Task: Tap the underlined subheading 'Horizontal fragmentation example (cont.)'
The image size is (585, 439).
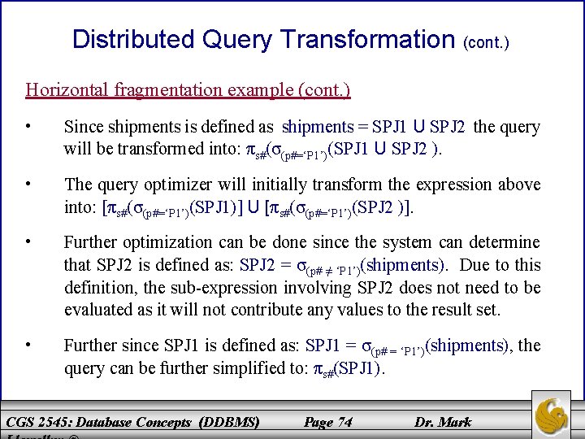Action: pos(188,89)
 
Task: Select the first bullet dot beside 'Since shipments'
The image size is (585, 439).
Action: pos(28,127)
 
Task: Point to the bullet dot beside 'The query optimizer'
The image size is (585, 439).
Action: pos(28,185)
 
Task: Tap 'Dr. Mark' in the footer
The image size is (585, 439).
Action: pos(443,422)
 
